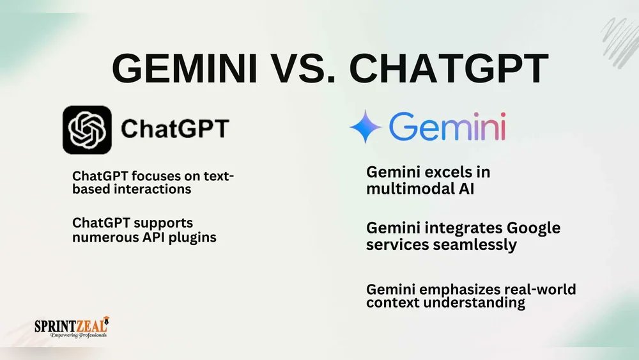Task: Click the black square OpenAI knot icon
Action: point(87,130)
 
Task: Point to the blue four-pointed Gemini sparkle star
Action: point(366,126)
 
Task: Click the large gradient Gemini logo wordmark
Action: point(447,127)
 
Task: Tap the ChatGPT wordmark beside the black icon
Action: point(174,129)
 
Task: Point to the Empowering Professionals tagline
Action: point(72,335)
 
